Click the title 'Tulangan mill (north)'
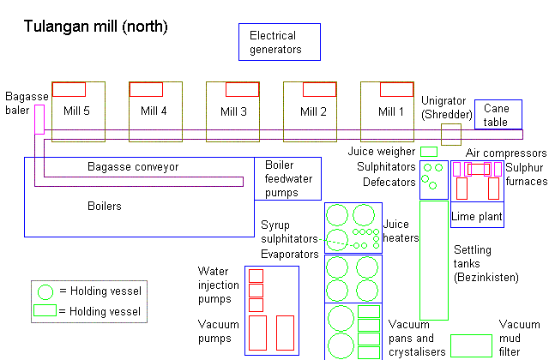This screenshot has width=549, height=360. tap(94, 27)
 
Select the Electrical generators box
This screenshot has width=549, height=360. tap(279, 42)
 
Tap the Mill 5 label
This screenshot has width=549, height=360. tap(77, 111)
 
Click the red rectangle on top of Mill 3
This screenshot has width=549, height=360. tap(242, 89)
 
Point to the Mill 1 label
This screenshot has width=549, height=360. tap(391, 111)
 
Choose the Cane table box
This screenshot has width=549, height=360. tap(497, 115)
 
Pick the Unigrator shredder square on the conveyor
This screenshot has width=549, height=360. tap(451, 134)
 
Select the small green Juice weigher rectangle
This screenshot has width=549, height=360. tap(428, 152)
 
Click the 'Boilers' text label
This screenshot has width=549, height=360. tap(105, 207)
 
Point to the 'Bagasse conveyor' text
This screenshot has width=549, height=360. tap(133, 167)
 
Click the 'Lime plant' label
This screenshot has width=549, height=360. tap(477, 217)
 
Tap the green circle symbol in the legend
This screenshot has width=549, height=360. tap(46, 291)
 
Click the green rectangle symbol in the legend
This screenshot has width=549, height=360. tap(46, 311)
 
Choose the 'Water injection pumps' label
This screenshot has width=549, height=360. tap(214, 285)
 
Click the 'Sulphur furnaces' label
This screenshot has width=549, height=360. tap(525, 174)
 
